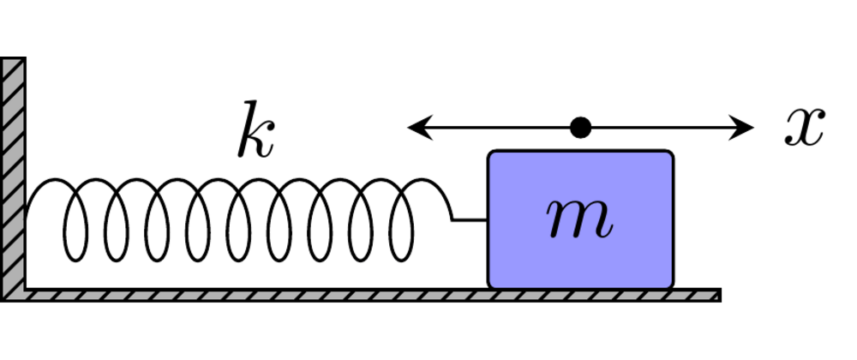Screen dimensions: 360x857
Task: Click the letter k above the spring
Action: click(x=256, y=132)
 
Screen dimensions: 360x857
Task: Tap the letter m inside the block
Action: click(x=581, y=219)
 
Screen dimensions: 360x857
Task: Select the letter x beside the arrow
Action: click(x=804, y=129)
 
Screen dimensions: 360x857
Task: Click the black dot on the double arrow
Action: click(x=581, y=129)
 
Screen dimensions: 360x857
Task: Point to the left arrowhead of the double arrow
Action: click(x=417, y=129)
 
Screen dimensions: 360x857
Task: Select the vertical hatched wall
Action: click(x=12, y=171)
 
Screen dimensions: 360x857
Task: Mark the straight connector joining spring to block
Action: click(x=470, y=220)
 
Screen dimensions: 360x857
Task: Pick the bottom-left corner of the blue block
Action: click(x=491, y=285)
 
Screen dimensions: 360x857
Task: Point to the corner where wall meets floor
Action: click(x=24, y=290)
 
